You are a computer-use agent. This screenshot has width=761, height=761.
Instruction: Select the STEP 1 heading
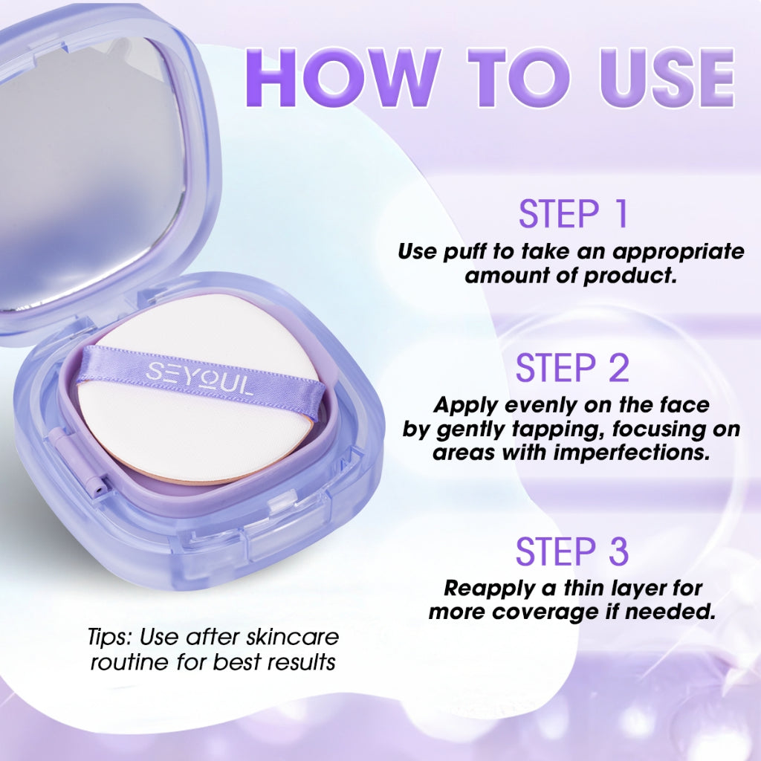coord(573,213)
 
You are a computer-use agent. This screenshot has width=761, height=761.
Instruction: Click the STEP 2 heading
coord(572,369)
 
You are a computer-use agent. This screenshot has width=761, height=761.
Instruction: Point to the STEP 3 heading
coord(572,551)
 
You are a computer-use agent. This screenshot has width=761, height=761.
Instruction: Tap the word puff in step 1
coord(465,251)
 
